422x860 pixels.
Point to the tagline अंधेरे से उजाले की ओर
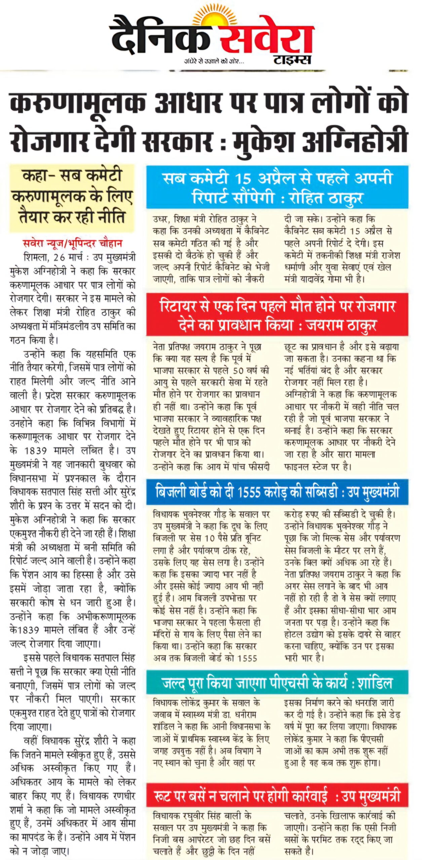214,61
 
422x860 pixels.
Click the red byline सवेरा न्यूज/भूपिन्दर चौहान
73,243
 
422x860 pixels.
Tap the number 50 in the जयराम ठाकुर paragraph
238,371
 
